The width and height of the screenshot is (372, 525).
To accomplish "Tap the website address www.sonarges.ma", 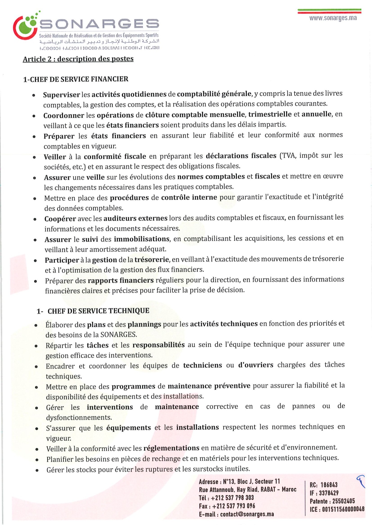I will (333, 18).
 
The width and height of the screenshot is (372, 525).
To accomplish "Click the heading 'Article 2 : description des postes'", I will (78, 59).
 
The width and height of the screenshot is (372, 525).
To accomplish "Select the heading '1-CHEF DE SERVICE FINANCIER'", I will (76, 79).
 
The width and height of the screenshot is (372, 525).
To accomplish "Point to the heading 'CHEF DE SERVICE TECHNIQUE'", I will (98, 311).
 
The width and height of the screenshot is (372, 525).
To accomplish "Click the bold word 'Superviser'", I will (61, 95).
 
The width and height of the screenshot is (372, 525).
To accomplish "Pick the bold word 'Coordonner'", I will (64, 115).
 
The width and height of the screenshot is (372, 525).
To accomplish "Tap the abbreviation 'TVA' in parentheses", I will (287, 156).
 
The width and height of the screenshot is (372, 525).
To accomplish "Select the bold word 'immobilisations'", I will (141, 239).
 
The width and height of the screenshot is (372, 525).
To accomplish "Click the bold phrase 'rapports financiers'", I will (121, 280).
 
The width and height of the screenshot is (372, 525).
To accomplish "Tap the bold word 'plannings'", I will (144, 324).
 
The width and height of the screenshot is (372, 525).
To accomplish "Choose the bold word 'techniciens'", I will (203, 365).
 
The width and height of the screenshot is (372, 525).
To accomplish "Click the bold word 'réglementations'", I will (171, 448).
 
